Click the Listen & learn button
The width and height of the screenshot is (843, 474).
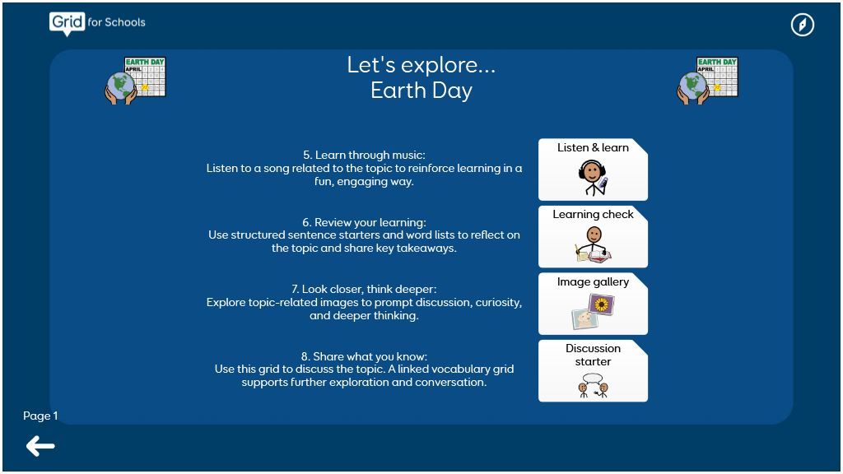click(x=593, y=170)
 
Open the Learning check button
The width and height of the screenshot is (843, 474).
click(x=593, y=236)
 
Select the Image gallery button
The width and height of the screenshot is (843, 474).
click(x=593, y=304)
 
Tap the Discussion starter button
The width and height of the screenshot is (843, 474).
click(x=593, y=371)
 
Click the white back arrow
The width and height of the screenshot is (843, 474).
click(x=40, y=446)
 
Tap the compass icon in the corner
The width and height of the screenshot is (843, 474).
click(x=802, y=25)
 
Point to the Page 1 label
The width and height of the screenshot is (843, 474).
click(x=40, y=416)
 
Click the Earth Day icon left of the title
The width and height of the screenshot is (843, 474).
click(x=136, y=81)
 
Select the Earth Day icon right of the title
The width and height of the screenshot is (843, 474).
click(x=707, y=81)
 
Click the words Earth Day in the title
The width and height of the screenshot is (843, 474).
click(x=421, y=91)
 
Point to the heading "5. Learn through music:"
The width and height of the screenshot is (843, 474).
click(x=364, y=155)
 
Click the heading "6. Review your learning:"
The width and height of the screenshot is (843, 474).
click(x=364, y=222)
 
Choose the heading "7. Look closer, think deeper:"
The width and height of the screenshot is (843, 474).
click(x=364, y=289)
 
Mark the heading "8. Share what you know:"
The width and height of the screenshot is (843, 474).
click(x=364, y=356)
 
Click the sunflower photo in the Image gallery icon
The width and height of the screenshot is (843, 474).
click(x=602, y=304)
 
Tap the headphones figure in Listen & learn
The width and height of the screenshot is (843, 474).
click(x=593, y=178)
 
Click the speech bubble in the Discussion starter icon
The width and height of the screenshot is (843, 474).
click(x=593, y=379)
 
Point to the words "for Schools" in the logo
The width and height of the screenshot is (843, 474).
click(x=117, y=22)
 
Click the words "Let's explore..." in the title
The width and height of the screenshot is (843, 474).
click(x=421, y=65)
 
